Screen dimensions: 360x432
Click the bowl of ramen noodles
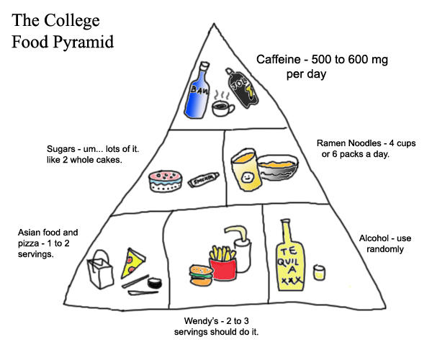tap(279, 168)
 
